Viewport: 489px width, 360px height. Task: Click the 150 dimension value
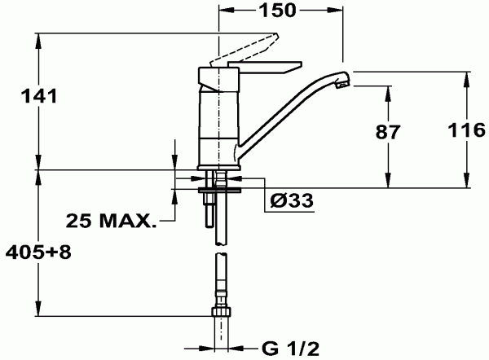pos(278,11)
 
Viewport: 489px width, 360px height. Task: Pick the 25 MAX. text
pos(111,221)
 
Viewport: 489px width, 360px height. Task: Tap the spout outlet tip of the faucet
pos(345,80)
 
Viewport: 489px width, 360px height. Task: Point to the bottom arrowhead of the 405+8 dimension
pos(37,318)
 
